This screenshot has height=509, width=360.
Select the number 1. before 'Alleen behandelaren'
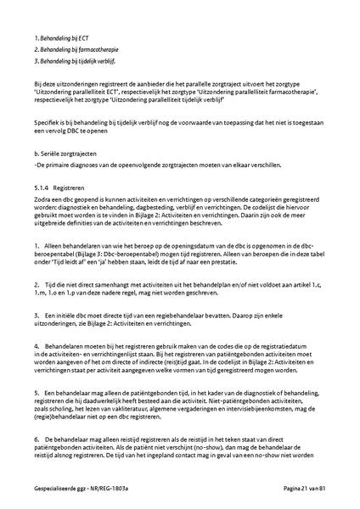coord(37,244)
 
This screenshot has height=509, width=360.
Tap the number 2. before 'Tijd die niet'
coord(37,289)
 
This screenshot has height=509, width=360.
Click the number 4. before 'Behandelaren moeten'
coord(37,347)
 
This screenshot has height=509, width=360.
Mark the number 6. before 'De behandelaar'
coord(37,439)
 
